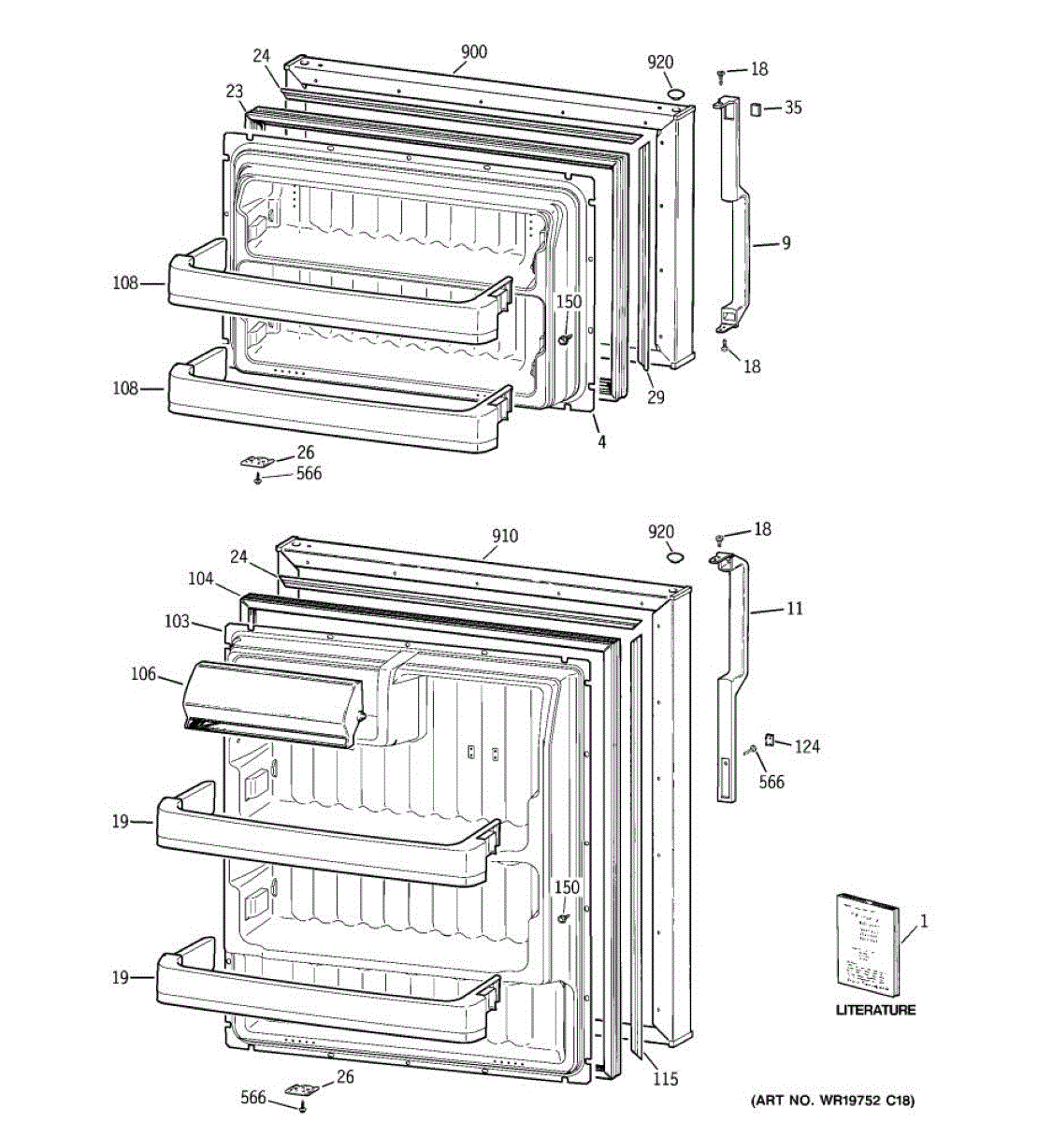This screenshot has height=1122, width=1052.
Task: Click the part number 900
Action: [x=474, y=52]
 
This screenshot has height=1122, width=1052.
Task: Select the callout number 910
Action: [x=504, y=536]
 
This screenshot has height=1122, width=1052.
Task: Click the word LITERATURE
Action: [x=875, y=1010]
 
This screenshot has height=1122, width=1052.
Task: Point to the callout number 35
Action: [x=792, y=108]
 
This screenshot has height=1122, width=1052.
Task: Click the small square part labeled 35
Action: [x=753, y=110]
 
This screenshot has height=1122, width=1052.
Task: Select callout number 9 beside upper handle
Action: [x=786, y=243]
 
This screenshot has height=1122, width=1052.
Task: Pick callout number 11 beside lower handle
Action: [x=794, y=610]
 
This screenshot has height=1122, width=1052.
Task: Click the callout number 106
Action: [x=143, y=675]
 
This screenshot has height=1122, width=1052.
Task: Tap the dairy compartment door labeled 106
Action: [x=271, y=703]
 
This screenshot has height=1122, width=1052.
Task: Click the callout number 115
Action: [x=665, y=1079]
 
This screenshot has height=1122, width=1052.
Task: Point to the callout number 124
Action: [x=807, y=746]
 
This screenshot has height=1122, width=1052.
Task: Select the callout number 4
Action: [x=601, y=441]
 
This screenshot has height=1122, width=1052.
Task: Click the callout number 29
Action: [x=656, y=397]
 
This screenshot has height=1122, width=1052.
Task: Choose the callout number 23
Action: [x=234, y=91]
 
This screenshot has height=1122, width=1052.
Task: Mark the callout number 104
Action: [x=200, y=580]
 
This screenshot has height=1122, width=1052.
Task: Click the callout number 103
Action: [x=176, y=621]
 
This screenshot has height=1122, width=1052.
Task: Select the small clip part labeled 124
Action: [x=770, y=740]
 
